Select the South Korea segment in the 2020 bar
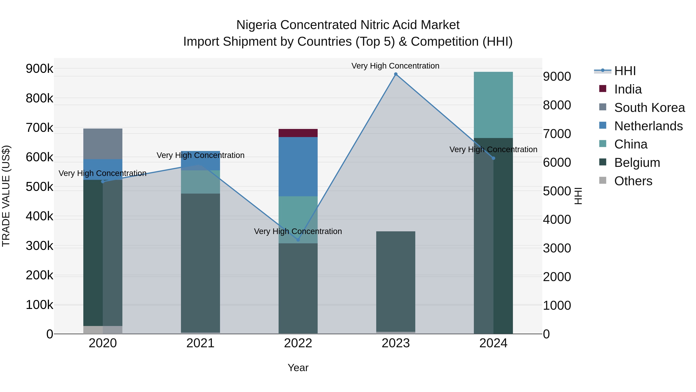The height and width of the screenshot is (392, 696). (103, 144)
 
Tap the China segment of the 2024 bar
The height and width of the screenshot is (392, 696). (493, 105)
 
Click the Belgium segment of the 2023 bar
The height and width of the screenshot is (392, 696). (396, 281)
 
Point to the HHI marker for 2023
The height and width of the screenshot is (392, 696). (396, 74)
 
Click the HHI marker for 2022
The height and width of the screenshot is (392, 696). (298, 240)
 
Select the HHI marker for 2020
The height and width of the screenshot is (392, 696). (103, 182)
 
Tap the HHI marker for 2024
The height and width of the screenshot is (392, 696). (493, 158)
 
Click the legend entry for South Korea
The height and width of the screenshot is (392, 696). (649, 108)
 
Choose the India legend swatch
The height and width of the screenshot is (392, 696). (602, 88)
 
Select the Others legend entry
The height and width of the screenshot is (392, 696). (633, 181)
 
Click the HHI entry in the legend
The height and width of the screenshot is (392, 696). (625, 71)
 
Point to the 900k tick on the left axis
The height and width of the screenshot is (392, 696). (39, 69)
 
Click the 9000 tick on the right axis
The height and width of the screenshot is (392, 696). (557, 76)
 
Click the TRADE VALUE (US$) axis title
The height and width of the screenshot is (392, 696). (6, 196)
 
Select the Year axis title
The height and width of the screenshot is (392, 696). (298, 368)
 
